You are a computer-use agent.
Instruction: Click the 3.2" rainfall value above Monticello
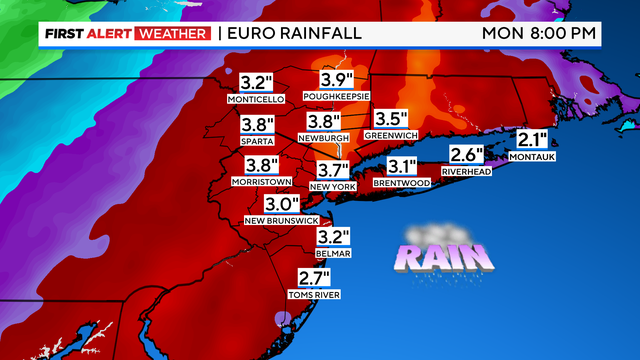(257, 82)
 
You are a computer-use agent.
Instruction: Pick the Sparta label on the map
(257, 141)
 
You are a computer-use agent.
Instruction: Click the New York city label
(332, 186)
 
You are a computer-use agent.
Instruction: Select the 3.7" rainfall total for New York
(332, 170)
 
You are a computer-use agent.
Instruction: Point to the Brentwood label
(401, 183)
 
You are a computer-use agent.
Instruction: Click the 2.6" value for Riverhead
(466, 155)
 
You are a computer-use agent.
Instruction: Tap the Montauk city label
(532, 157)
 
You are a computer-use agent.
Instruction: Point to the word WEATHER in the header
(174, 33)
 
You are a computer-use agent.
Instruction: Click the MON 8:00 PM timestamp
(540, 33)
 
